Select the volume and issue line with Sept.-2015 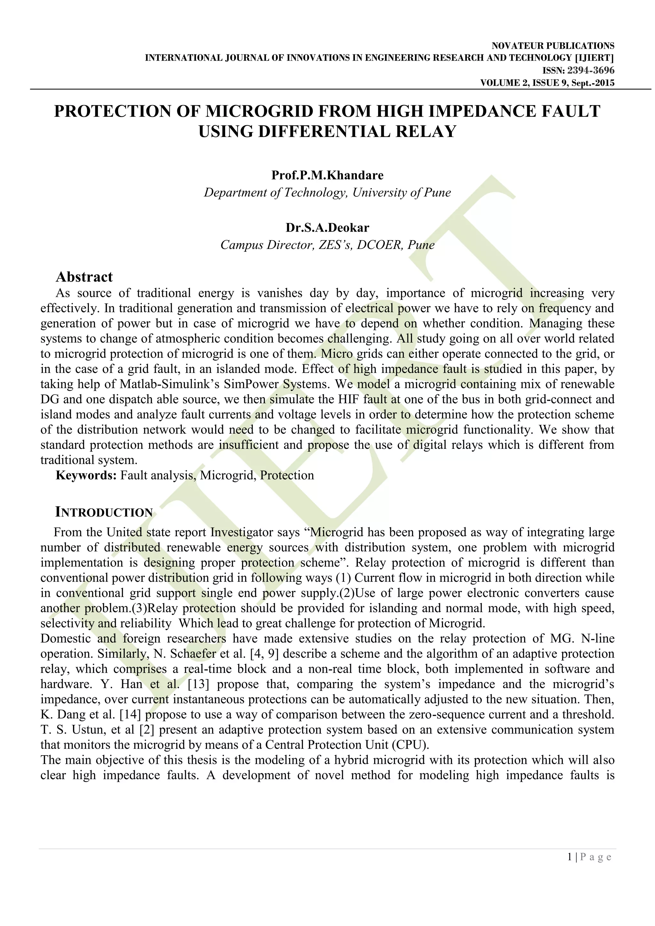(547, 83)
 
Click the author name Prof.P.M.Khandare (327, 175)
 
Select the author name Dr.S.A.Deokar (327, 228)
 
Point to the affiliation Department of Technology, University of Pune (327, 192)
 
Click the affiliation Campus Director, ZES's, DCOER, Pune (327, 245)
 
